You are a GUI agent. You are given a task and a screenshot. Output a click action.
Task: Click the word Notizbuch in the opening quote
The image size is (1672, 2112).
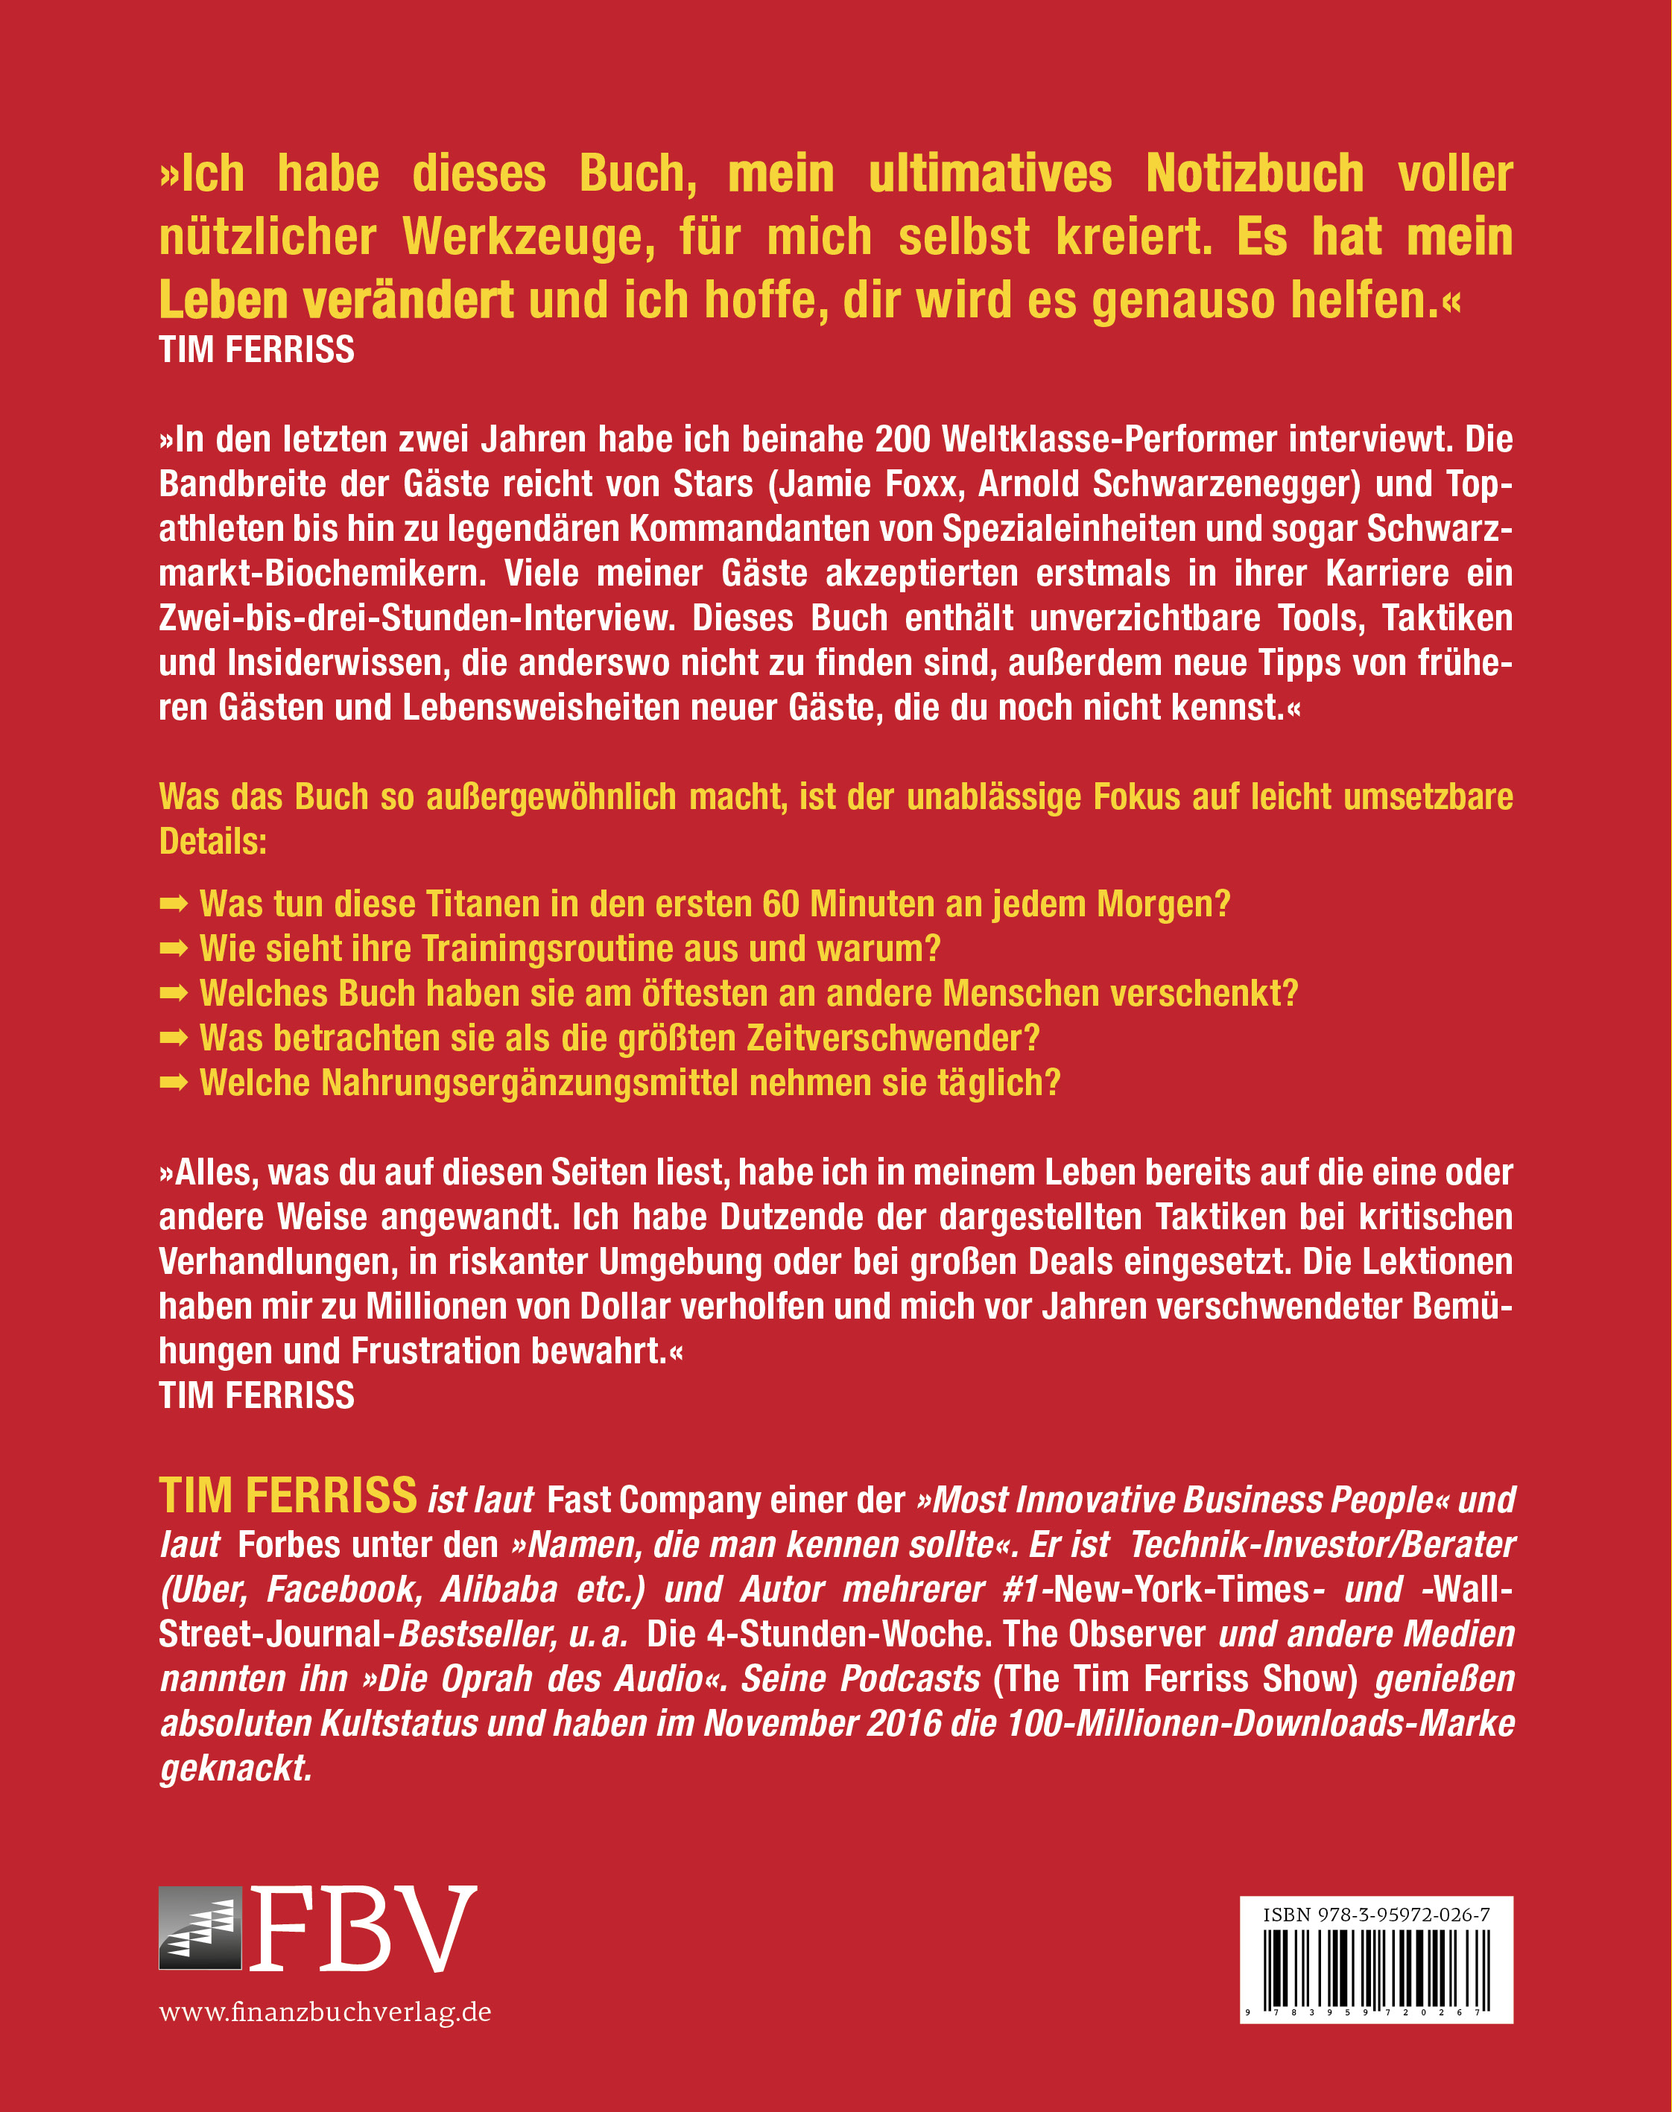1254,174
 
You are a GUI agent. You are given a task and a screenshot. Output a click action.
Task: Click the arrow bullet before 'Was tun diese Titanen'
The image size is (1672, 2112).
174,904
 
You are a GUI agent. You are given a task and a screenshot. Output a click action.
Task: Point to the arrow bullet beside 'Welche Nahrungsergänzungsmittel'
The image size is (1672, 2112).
174,1083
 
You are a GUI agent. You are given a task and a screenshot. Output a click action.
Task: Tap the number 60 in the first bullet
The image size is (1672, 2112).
781,904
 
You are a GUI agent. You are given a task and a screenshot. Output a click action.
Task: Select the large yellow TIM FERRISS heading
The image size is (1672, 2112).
288,1497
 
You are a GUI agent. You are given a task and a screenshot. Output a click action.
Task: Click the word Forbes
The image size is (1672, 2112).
289,1545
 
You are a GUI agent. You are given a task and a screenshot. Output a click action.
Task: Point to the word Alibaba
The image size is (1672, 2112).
499,1589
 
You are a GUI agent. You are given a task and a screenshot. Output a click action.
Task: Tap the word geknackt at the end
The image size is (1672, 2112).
235,1769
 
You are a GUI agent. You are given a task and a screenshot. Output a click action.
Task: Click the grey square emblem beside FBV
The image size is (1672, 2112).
200,1928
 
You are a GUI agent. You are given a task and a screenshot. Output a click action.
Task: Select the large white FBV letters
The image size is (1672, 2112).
362,1928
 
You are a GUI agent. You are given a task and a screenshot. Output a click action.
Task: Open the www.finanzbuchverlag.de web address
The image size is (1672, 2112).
325,2013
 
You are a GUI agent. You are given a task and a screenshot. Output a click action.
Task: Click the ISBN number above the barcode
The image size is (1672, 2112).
1375,1915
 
